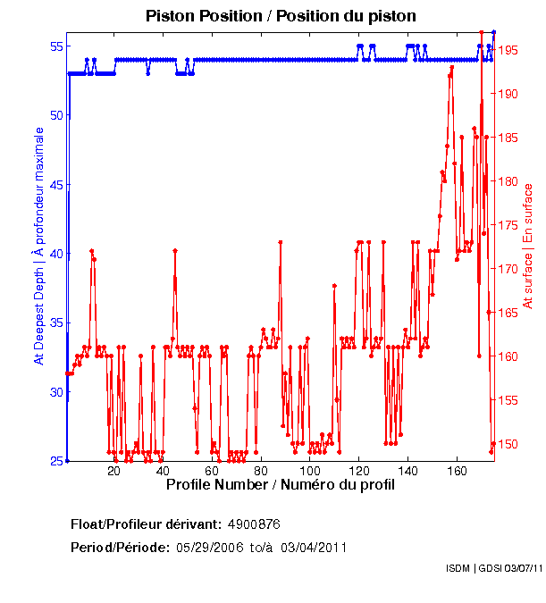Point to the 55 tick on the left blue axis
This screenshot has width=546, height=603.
pyautogui.click(x=56, y=46)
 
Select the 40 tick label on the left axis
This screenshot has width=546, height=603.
pyautogui.click(x=56, y=254)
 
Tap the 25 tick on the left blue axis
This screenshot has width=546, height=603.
pyautogui.click(x=56, y=461)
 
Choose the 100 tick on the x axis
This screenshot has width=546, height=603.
pyautogui.click(x=310, y=471)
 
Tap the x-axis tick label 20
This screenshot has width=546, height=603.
pyautogui.click(x=113, y=471)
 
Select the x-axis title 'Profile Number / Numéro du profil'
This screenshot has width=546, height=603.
pyautogui.click(x=280, y=484)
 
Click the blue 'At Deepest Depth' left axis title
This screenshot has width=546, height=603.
pyautogui.click(x=38, y=246)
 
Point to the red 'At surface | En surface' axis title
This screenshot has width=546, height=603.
pyautogui.click(x=528, y=247)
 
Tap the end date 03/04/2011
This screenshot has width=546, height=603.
pyautogui.click(x=314, y=547)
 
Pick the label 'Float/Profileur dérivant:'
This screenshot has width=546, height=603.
pyautogui.click(x=146, y=523)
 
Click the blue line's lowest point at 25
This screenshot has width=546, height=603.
pyautogui.click(x=67, y=460)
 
